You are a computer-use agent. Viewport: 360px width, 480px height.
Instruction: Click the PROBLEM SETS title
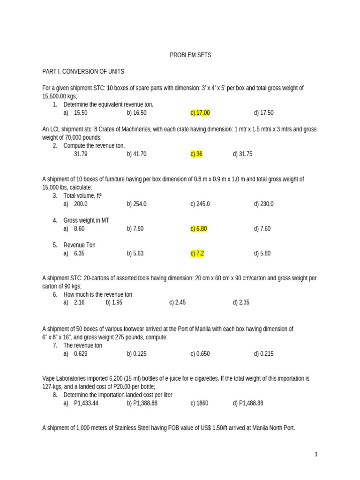[190, 55]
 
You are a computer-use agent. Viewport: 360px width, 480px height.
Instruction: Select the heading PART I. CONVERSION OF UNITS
[83, 71]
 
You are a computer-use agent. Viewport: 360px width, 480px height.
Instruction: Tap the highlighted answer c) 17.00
[200, 113]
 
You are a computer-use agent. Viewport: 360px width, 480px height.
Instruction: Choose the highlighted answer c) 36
[196, 154]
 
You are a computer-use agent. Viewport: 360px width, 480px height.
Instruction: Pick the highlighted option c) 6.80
[199, 229]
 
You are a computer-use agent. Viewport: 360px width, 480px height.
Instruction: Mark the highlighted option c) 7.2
[197, 254]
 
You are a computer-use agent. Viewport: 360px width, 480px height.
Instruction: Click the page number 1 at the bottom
[316, 454]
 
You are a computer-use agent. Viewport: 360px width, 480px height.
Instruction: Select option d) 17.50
[264, 113]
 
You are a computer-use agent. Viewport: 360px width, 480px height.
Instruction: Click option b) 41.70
[136, 154]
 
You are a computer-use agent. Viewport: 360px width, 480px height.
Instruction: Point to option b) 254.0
[136, 204]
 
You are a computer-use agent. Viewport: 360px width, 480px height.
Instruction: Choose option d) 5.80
[262, 254]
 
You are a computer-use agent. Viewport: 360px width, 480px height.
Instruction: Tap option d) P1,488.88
[248, 403]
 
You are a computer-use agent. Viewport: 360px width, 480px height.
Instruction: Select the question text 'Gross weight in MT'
[86, 220]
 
